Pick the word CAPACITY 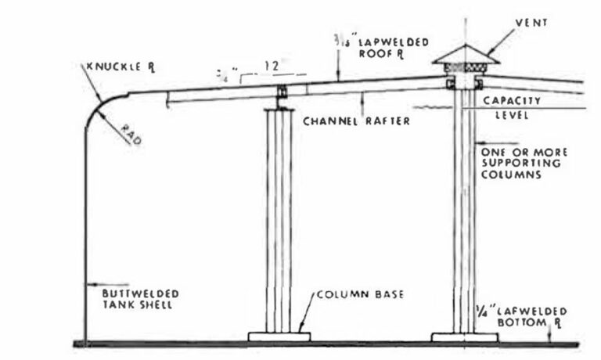pyautogui.click(x=512, y=100)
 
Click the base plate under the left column pyautogui.click(x=279, y=337)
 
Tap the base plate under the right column pyautogui.click(x=464, y=337)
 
